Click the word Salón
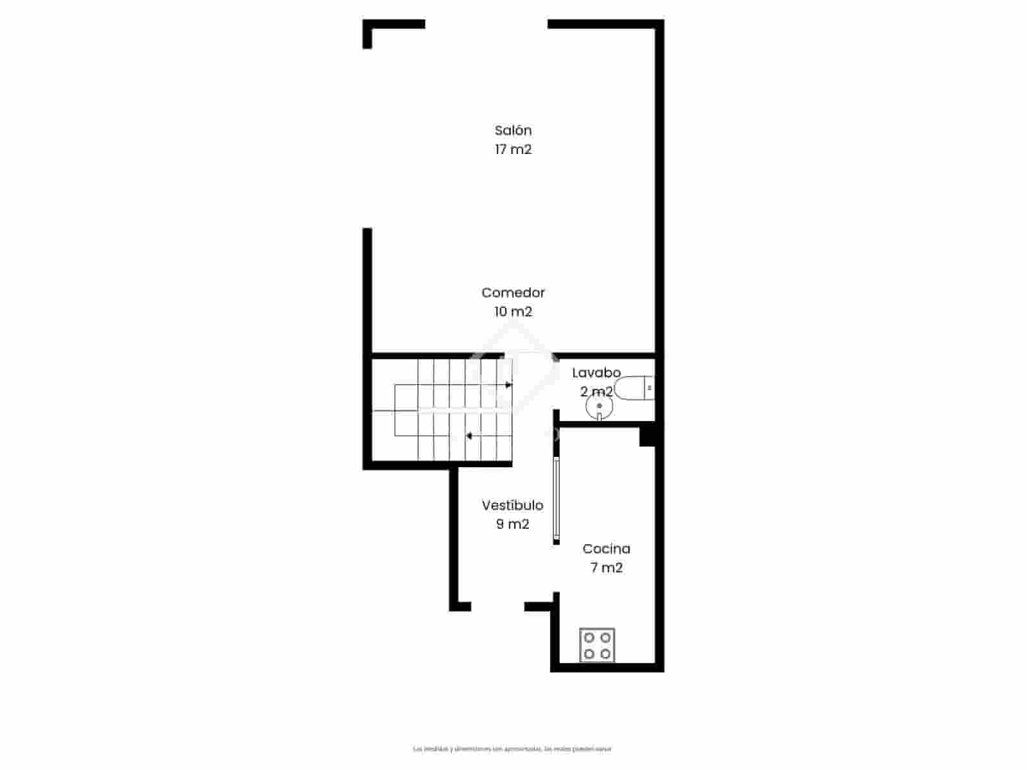[513, 130]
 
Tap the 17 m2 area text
[513, 150]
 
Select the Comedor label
[513, 293]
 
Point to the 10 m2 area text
[513, 312]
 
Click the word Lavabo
[596, 372]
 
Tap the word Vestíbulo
[512, 506]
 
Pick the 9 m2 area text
[512, 524]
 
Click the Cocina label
[606, 549]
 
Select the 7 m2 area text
[606, 568]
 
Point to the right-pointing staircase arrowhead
[508, 385]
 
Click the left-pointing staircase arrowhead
[469, 436]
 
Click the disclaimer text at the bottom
[512, 749]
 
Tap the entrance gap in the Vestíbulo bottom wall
[497, 606]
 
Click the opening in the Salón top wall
[486, 24]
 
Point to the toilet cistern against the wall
[649, 388]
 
